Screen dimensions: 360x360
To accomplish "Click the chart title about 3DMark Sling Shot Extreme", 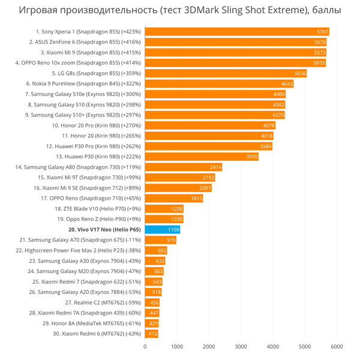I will tap(180, 10).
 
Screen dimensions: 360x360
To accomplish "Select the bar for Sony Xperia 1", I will tap(236, 31).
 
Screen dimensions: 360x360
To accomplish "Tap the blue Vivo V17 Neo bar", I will tap(162, 229).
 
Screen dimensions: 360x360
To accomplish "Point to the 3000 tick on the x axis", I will tap(241, 346).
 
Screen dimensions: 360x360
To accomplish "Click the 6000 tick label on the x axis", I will tap(337, 346).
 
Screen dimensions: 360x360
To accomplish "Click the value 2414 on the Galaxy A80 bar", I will tap(216, 167).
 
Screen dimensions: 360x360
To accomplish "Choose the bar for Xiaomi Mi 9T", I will tap(180, 177).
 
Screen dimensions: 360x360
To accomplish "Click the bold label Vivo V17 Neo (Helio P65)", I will tap(105, 229).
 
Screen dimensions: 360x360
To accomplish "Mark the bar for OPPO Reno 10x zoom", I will tap(235, 62).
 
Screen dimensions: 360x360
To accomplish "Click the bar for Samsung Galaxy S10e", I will tap(215, 94).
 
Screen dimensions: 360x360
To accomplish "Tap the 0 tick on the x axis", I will tap(145, 346).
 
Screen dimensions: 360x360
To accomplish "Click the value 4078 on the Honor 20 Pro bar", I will tap(269, 125).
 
